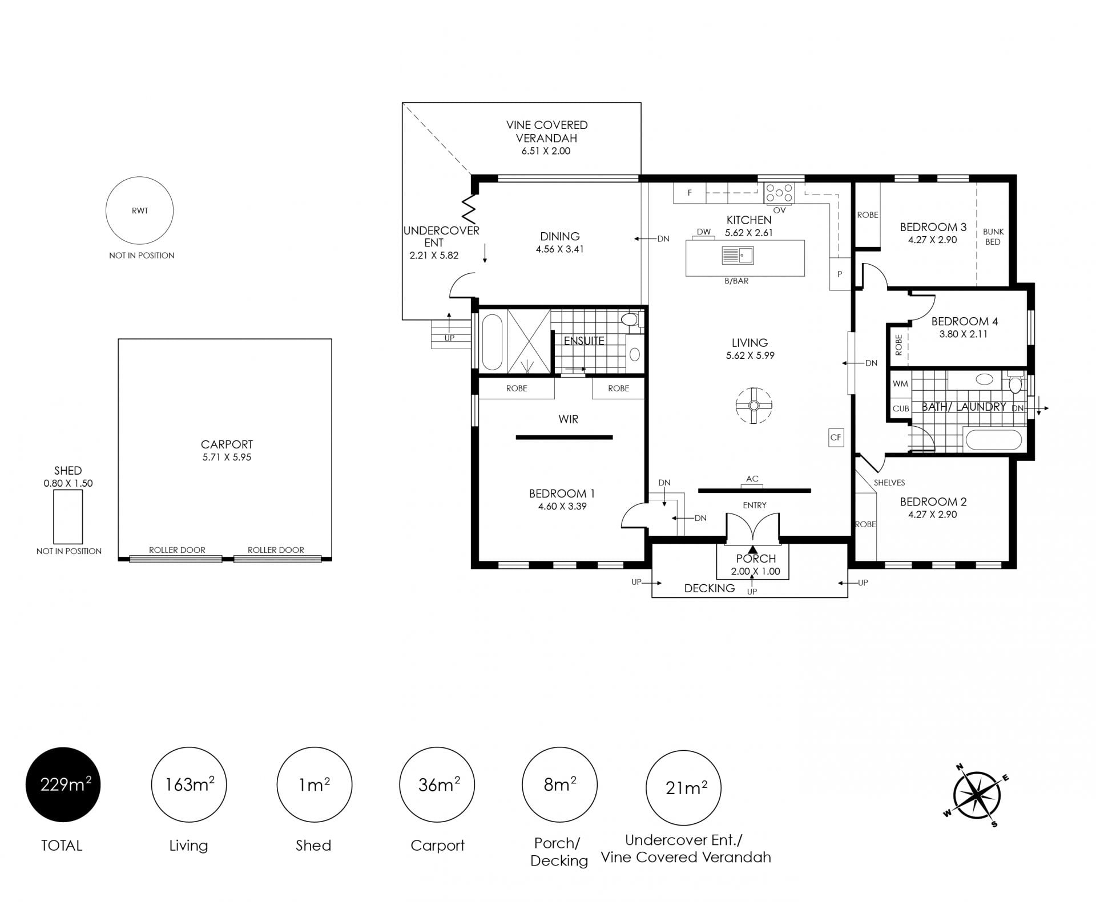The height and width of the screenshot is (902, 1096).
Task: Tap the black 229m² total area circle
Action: pos(63,785)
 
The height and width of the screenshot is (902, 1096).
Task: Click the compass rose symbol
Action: pos(977,795)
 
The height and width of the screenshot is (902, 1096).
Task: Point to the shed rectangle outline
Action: pos(54,517)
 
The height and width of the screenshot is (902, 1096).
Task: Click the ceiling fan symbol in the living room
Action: pos(753,406)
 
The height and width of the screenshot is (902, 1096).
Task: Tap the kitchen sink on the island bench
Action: pos(738,255)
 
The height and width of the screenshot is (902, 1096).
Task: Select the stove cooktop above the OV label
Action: pos(779,193)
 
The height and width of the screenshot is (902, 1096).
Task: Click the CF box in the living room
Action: pos(836,438)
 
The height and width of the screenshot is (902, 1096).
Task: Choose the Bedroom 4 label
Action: pos(964,321)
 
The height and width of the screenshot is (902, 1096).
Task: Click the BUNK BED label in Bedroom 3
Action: pos(993,237)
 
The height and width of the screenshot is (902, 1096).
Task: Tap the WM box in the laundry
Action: pos(900,383)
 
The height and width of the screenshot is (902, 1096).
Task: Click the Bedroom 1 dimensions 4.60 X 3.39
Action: pos(562,506)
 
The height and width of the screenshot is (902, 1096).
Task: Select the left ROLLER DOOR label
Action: pos(177,550)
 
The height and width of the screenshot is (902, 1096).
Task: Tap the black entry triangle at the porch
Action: pos(752,549)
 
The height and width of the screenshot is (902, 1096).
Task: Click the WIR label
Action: pos(568,419)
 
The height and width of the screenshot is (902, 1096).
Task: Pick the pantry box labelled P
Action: pos(840,274)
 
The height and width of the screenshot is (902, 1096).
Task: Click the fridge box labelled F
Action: pos(690,193)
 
